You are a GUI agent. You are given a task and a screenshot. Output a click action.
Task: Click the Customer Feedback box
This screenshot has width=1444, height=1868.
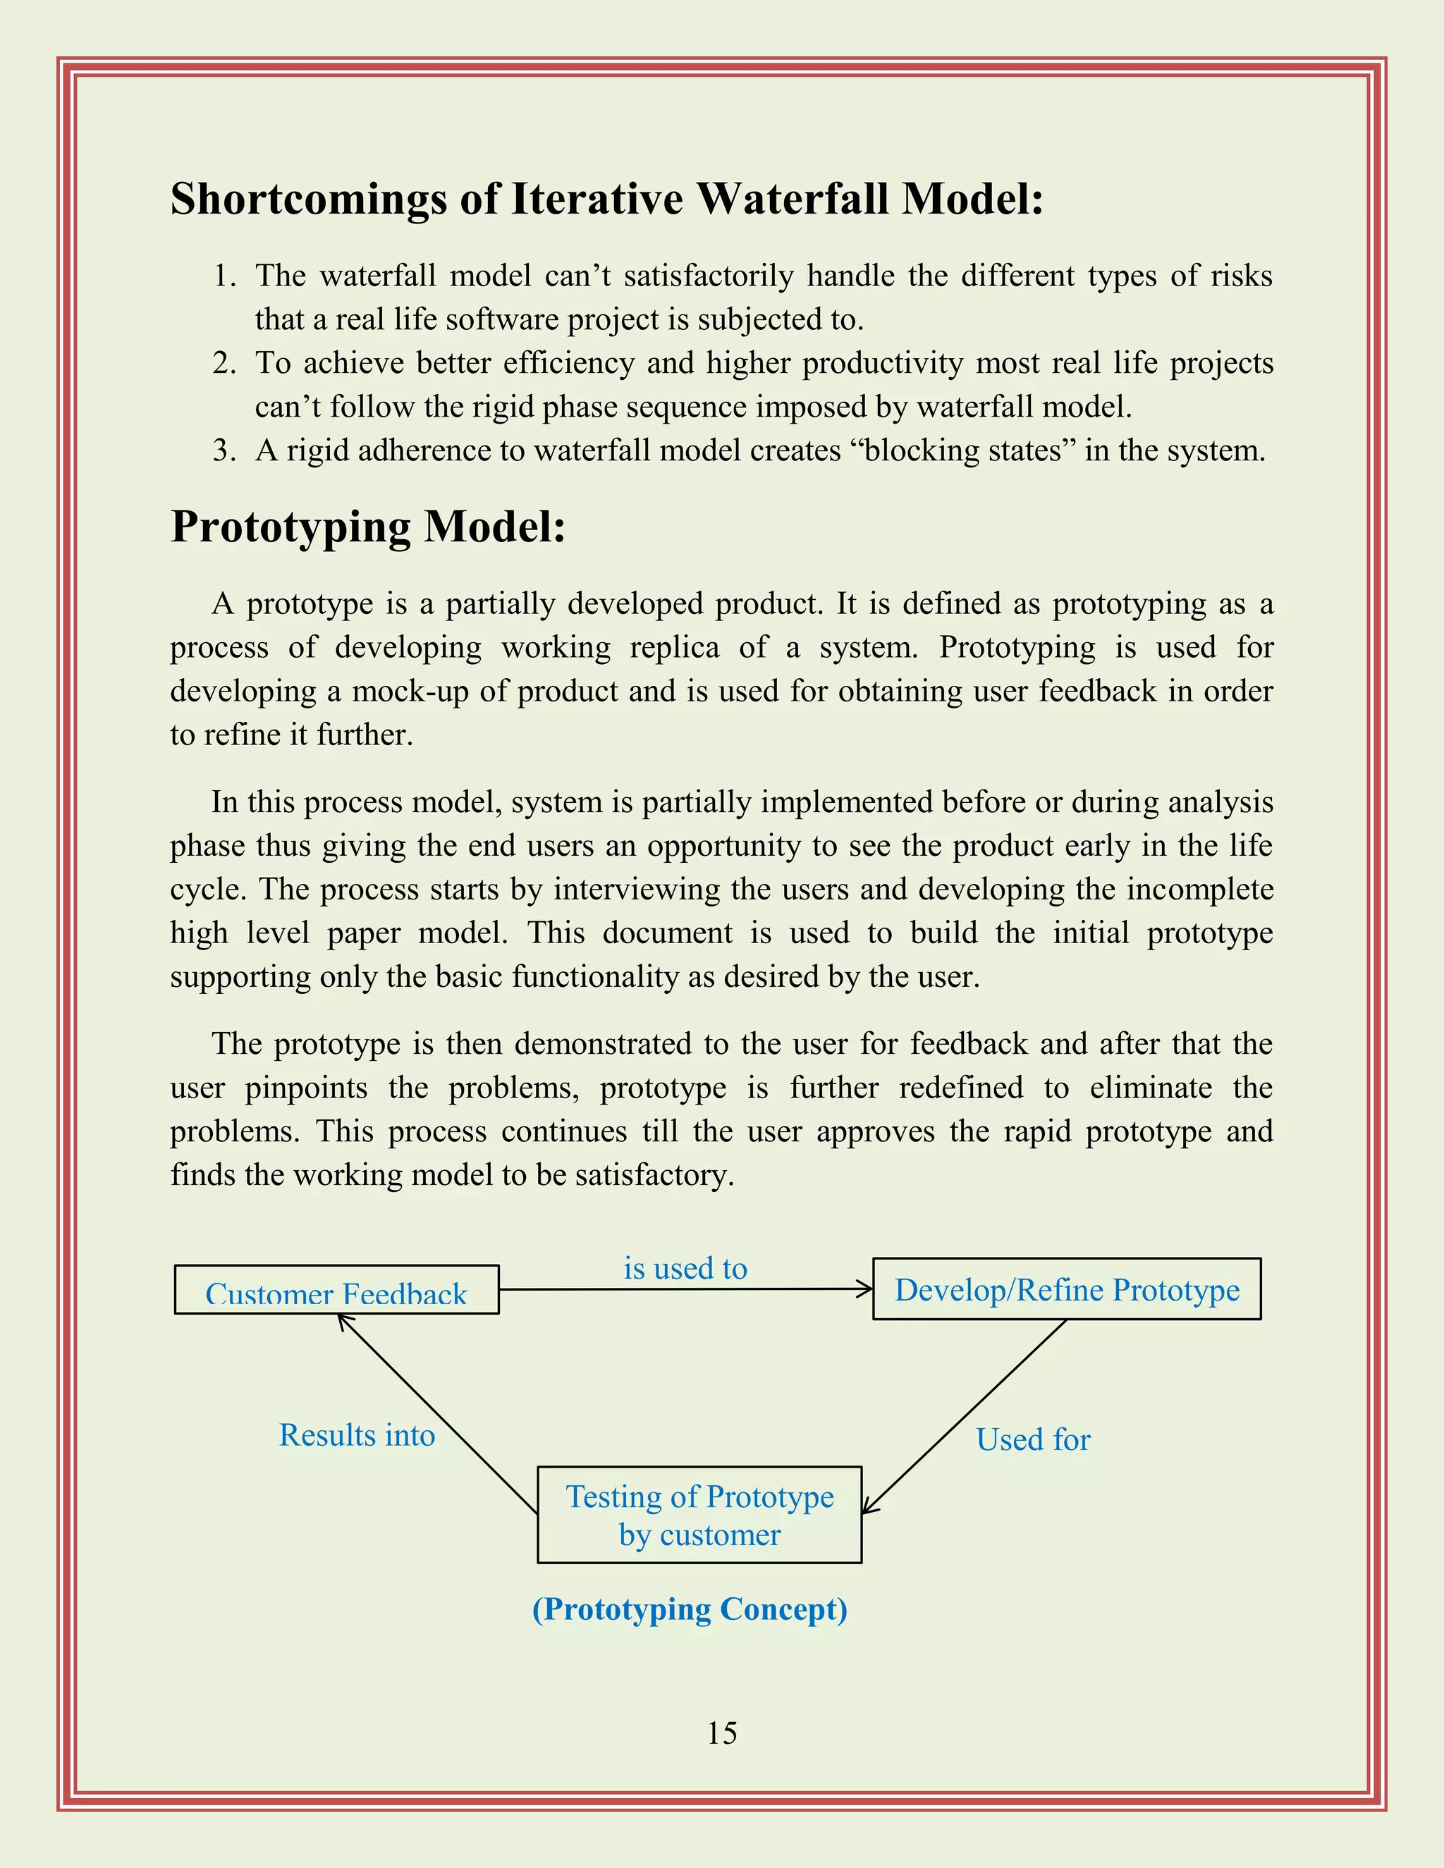[x=336, y=1291]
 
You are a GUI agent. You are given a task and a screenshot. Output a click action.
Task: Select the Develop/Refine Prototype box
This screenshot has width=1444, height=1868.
[x=1067, y=1290]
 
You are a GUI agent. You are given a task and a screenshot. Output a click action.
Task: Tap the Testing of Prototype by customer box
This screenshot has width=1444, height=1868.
[x=699, y=1516]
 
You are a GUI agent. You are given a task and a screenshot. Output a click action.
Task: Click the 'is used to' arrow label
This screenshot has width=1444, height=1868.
[x=685, y=1268]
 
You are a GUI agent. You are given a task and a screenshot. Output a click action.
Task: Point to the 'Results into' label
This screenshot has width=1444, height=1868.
[x=357, y=1435]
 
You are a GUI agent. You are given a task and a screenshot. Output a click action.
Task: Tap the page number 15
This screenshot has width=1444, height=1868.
[x=722, y=1733]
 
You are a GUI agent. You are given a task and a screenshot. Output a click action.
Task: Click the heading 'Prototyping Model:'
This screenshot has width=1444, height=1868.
[x=368, y=526]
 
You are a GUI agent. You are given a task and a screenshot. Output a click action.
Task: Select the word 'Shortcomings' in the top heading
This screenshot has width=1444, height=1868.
[x=309, y=199]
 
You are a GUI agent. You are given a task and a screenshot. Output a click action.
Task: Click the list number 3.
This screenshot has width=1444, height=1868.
[x=224, y=450]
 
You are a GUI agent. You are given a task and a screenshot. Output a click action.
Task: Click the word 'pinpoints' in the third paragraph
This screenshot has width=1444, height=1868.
[x=306, y=1088]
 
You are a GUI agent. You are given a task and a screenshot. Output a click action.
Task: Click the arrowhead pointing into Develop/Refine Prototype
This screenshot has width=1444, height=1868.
[x=866, y=1289]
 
